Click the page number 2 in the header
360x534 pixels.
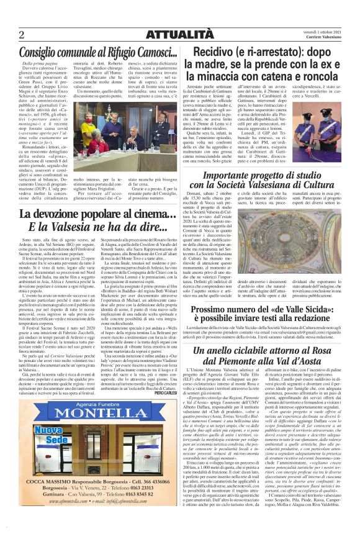click(x=21, y=34)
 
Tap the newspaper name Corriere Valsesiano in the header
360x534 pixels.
click(x=322, y=38)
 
